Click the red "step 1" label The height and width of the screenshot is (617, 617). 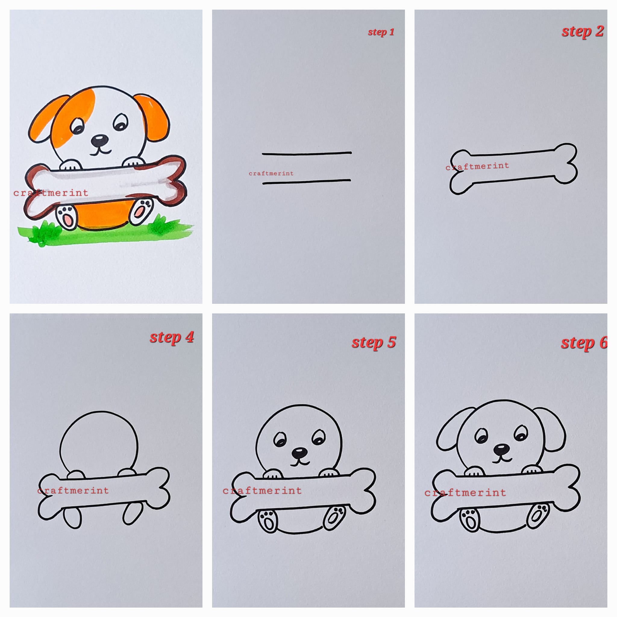click(381, 32)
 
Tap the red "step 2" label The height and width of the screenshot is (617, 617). click(583, 31)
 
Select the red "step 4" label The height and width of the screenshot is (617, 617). click(172, 337)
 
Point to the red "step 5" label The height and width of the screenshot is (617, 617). click(374, 342)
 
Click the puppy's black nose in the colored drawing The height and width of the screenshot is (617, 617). click(99, 139)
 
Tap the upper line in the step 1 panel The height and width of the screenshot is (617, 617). click(307, 153)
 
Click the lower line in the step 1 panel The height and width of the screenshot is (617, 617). click(307, 182)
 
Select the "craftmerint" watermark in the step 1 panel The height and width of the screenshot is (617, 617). click(271, 174)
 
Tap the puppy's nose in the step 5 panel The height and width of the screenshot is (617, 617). click(299, 453)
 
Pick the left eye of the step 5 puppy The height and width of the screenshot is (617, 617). click(280, 440)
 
